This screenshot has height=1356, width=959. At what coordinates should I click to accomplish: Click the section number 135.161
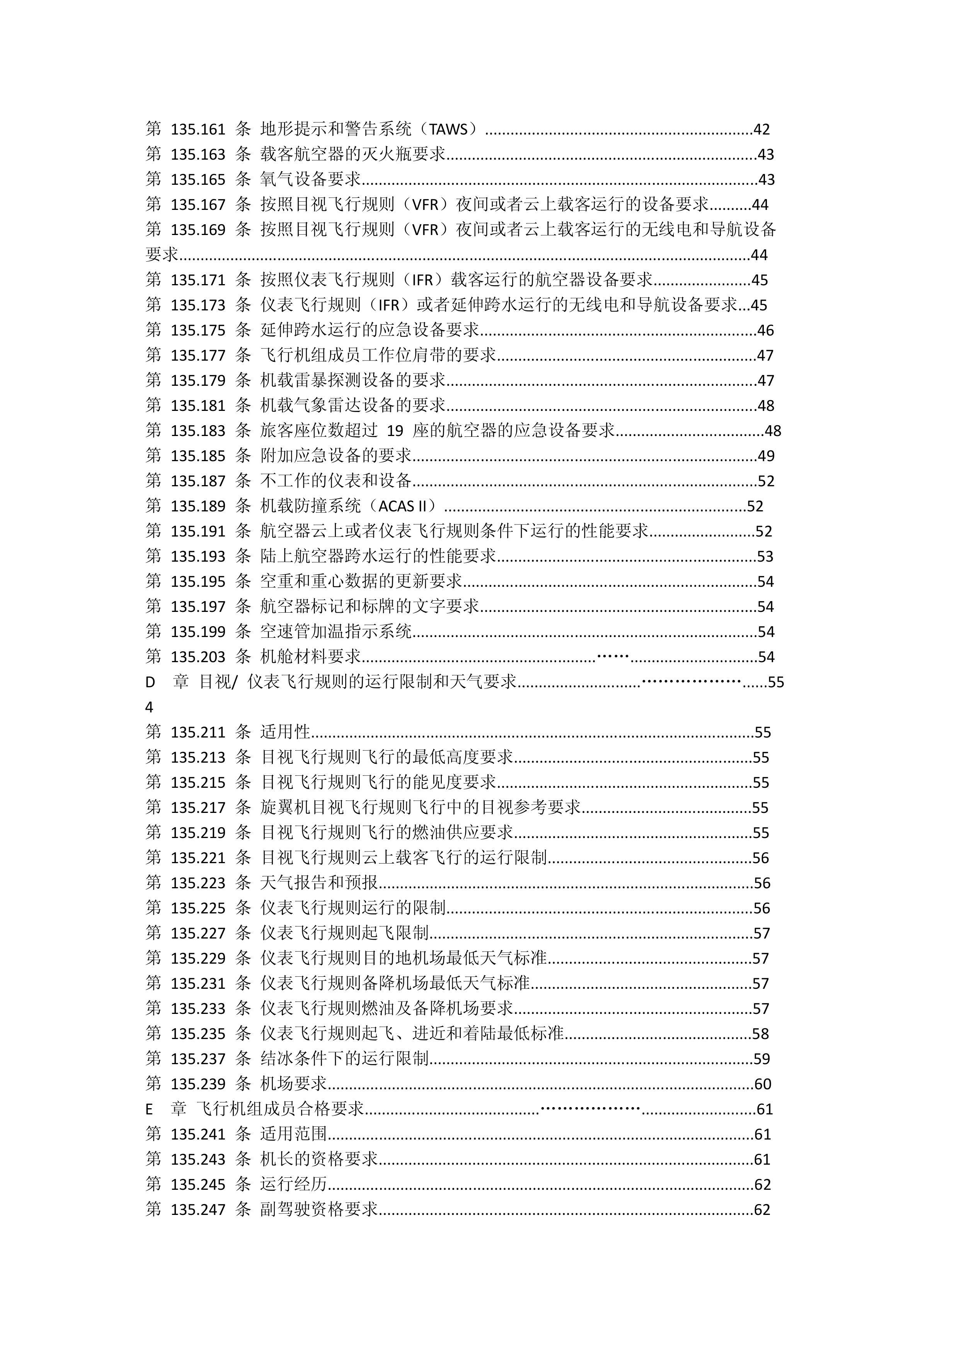(198, 129)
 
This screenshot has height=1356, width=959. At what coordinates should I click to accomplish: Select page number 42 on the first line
(762, 129)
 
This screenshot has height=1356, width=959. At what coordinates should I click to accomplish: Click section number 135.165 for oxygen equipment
(198, 179)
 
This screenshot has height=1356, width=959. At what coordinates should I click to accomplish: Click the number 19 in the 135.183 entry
(395, 431)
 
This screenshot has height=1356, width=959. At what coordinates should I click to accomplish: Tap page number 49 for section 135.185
(765, 456)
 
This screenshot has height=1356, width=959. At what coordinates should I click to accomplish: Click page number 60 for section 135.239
(763, 1084)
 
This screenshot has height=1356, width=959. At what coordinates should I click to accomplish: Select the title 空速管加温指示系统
(336, 632)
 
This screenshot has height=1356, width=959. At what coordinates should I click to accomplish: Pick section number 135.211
(198, 733)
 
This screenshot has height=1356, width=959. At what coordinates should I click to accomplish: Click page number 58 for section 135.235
(761, 1034)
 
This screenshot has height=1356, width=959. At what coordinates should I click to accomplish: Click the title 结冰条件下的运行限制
(344, 1059)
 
